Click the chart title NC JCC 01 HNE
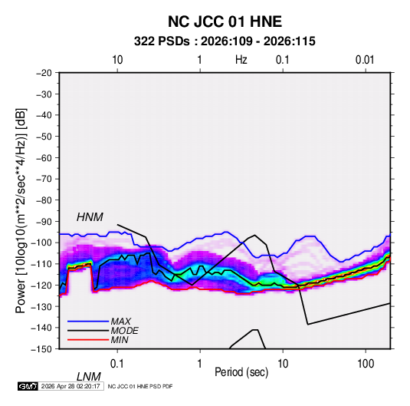(225, 21)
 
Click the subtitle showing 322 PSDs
(225, 41)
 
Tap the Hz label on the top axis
(241, 60)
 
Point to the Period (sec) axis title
(241, 372)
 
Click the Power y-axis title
(21, 210)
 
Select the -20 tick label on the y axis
(44, 73)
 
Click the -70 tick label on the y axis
(44, 179)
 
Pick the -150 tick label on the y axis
(41, 349)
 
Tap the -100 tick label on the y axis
(41, 243)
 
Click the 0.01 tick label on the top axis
(365, 60)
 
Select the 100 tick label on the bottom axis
(366, 363)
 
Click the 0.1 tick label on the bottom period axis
(116, 363)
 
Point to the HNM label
(90, 217)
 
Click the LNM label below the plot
(88, 377)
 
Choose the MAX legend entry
(120, 322)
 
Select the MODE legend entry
(124, 331)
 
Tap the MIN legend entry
(120, 340)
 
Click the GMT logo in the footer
(28, 386)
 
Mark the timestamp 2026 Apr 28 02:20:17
(71, 386)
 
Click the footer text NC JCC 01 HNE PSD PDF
(140, 386)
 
